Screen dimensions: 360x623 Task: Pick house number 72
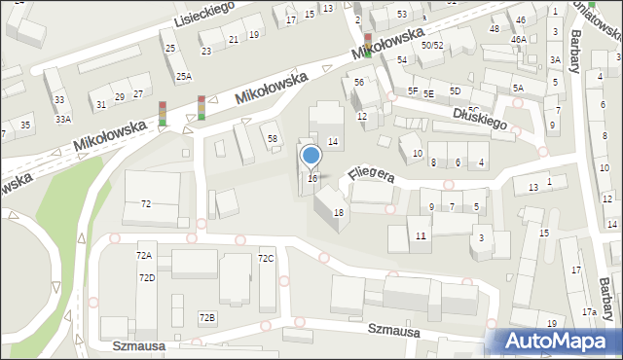[x=146, y=203]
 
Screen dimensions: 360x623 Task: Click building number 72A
[x=144, y=255]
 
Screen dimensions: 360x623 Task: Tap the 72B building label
[x=206, y=318]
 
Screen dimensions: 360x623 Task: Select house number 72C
[x=265, y=258]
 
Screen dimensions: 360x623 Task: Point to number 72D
[x=147, y=278]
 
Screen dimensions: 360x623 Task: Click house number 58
[x=273, y=139]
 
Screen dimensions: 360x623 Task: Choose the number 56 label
[x=359, y=83]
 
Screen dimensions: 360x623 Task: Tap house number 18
[x=339, y=212]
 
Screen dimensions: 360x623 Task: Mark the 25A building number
[x=183, y=76]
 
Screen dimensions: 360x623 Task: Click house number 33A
[x=62, y=119]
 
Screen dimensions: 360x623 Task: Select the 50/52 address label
[x=432, y=45]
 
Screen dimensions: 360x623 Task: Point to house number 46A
[x=519, y=40]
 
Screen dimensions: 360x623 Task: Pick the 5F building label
[x=413, y=90]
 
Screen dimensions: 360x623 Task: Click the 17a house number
[x=590, y=312]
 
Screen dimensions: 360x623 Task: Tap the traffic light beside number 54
[x=367, y=45]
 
